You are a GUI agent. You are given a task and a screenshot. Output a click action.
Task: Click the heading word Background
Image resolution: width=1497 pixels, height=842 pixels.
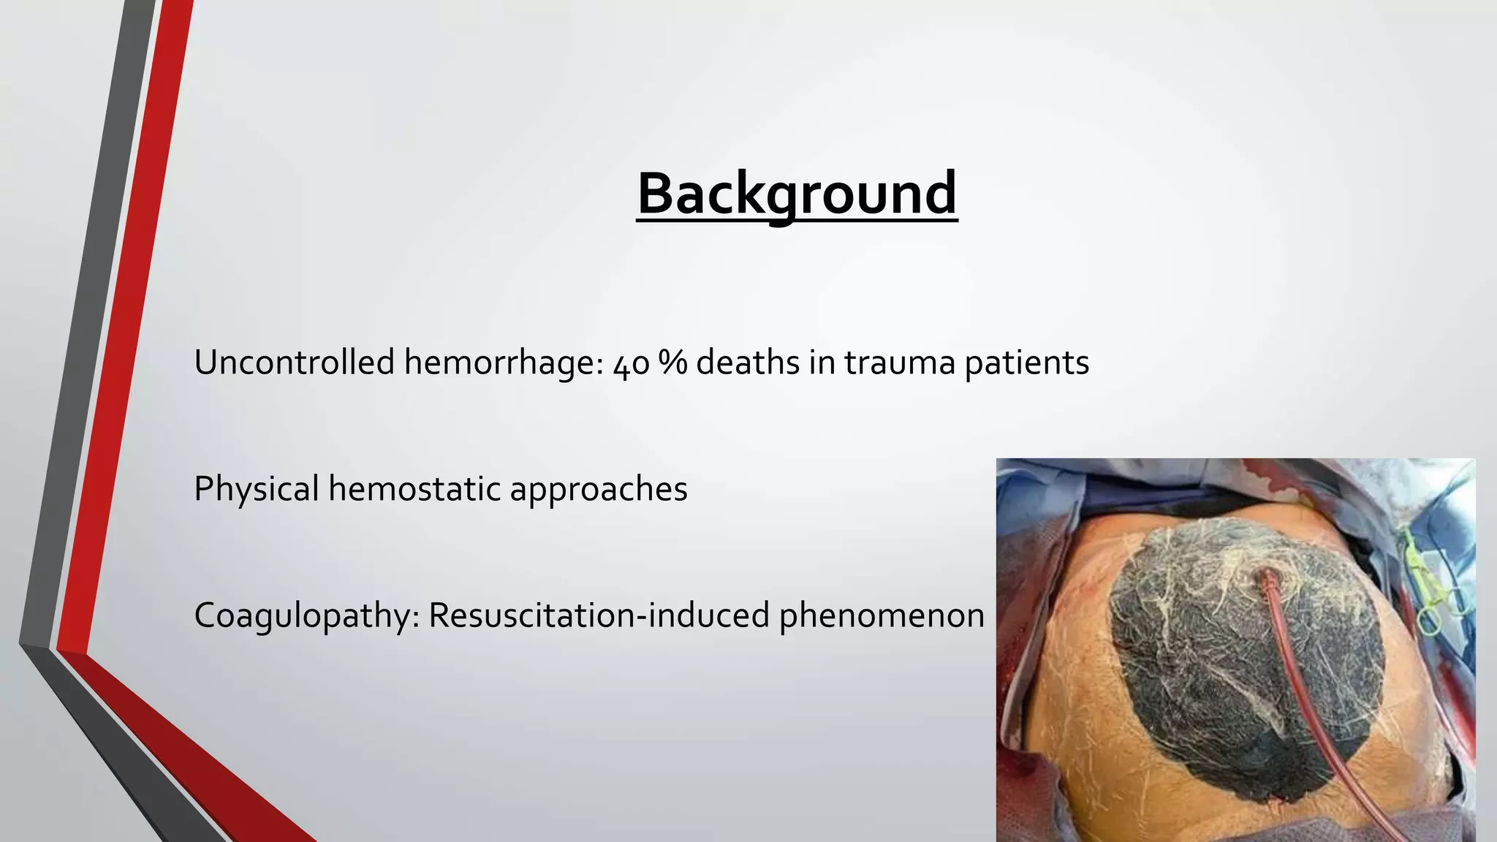[x=797, y=193]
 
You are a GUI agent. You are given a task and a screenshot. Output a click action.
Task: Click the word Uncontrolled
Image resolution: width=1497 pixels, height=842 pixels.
[x=294, y=363]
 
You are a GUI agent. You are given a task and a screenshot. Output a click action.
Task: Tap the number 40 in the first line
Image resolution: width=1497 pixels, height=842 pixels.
[x=631, y=364]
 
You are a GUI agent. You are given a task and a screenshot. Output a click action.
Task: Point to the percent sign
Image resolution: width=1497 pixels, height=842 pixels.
[x=672, y=363]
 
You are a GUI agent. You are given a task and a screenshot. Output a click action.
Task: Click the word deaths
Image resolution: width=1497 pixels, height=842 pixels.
[x=747, y=363]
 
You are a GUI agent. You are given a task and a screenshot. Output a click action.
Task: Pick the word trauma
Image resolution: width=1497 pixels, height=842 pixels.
[x=900, y=363]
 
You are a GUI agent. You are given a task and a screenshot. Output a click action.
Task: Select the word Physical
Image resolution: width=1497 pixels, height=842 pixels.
[x=256, y=489]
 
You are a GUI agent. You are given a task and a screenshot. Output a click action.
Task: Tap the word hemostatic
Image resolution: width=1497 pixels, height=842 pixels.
[x=414, y=489]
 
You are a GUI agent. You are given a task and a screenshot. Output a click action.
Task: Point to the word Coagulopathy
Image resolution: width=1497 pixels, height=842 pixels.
[x=306, y=616]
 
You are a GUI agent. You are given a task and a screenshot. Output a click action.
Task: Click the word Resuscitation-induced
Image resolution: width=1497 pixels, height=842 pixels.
[x=599, y=615]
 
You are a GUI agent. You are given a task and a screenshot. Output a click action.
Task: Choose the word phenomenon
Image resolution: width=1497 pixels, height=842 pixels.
[x=882, y=616]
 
